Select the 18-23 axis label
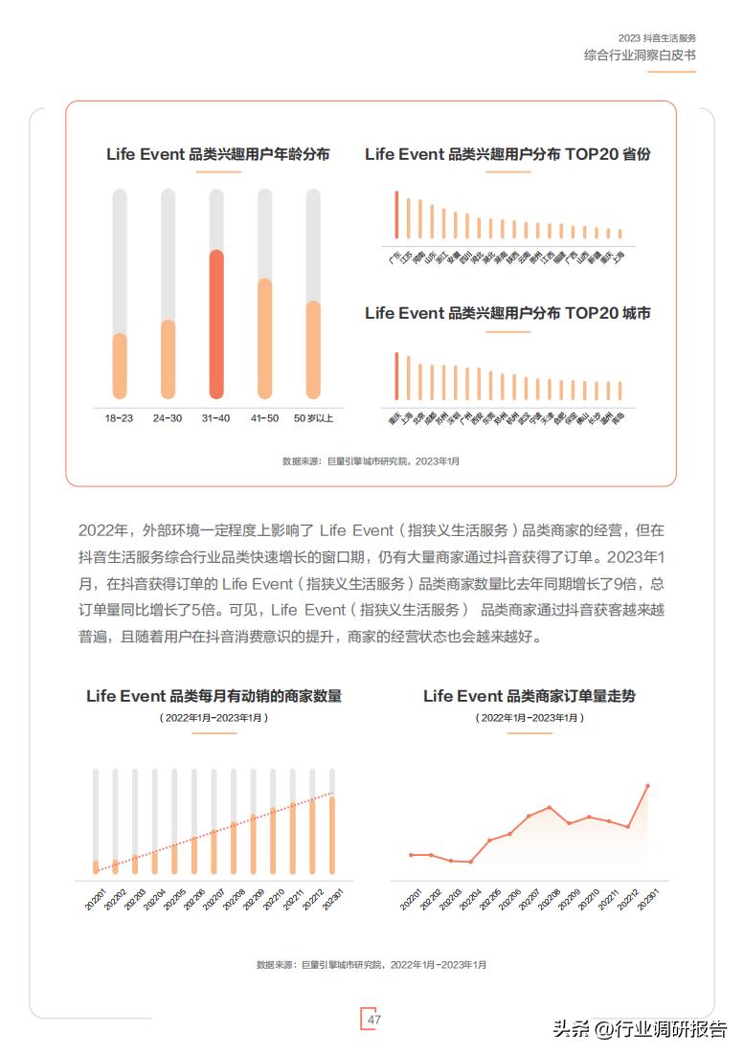tap(119, 418)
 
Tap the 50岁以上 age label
tap(313, 418)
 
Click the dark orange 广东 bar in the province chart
tap(395, 214)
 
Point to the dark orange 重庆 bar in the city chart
tap(395, 376)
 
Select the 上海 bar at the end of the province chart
tap(620, 233)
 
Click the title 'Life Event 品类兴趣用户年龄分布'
tap(218, 154)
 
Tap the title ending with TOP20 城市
tap(507, 313)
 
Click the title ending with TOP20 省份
tap(507, 154)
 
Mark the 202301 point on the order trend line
tap(648, 786)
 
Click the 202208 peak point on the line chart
tap(549, 806)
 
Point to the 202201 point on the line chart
tap(411, 855)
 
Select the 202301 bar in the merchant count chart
tap(332, 834)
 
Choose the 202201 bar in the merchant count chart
tap(96, 866)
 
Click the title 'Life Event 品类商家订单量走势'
tap(529, 696)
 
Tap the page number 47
tap(374, 1020)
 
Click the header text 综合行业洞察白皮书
tap(640, 56)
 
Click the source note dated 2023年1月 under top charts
tap(371, 461)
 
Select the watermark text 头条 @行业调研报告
tap(640, 1029)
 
